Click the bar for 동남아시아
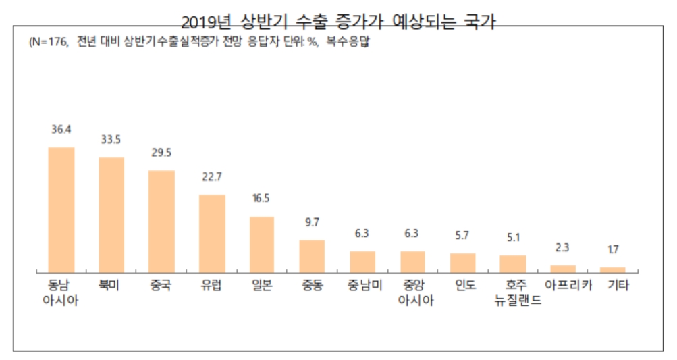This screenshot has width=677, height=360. pyautogui.click(x=61, y=209)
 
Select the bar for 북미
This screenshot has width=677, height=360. pyautogui.click(x=111, y=214)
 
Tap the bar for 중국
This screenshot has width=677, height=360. pyautogui.click(x=161, y=221)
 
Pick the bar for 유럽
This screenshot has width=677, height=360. pyautogui.click(x=212, y=233)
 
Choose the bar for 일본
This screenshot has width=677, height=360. pyautogui.click(x=262, y=244)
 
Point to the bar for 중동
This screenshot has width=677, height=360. pyautogui.click(x=312, y=255)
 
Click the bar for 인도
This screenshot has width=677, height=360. pyautogui.click(x=463, y=262)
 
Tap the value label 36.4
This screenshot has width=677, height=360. pyautogui.click(x=61, y=128)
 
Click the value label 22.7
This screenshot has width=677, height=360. pyautogui.click(x=212, y=177)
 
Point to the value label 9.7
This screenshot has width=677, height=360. pyautogui.click(x=312, y=222)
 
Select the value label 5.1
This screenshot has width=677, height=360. pyautogui.click(x=513, y=238)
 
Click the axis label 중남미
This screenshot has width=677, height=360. pyautogui.click(x=362, y=285)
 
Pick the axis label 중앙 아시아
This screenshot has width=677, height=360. pyautogui.click(x=412, y=293)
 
